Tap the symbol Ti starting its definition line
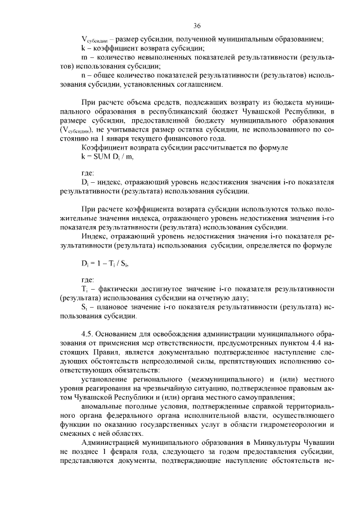click(84, 289)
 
